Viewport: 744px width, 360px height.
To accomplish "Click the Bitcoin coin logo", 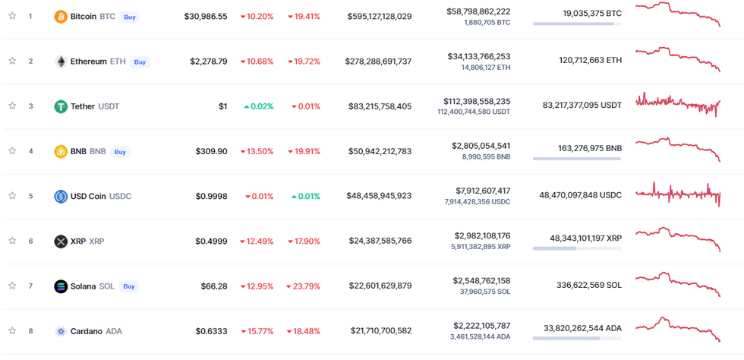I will (x=61, y=16).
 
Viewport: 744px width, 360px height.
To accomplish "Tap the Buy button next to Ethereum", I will (x=140, y=62).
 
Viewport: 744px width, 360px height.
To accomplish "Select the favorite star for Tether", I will (x=12, y=106).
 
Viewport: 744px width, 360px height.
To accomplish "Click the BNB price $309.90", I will (x=212, y=151).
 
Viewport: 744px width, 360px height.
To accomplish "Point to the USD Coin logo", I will (x=61, y=197).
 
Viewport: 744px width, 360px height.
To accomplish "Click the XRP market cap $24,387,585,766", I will (x=380, y=242).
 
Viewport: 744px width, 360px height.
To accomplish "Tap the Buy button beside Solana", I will (x=129, y=286).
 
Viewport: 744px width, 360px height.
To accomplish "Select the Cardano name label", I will (x=86, y=331).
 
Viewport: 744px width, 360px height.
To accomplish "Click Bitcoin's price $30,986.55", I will (x=205, y=16).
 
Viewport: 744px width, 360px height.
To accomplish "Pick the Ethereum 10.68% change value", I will (x=257, y=62).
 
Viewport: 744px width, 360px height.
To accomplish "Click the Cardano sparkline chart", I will (x=678, y=328).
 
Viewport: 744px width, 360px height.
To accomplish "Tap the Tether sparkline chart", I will (x=678, y=103).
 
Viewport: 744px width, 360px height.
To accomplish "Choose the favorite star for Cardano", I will (x=12, y=331).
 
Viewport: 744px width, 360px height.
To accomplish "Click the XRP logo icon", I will (x=61, y=242).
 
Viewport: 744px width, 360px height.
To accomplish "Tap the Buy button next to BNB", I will (x=120, y=152).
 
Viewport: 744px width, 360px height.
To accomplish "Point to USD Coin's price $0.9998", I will (x=211, y=197).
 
